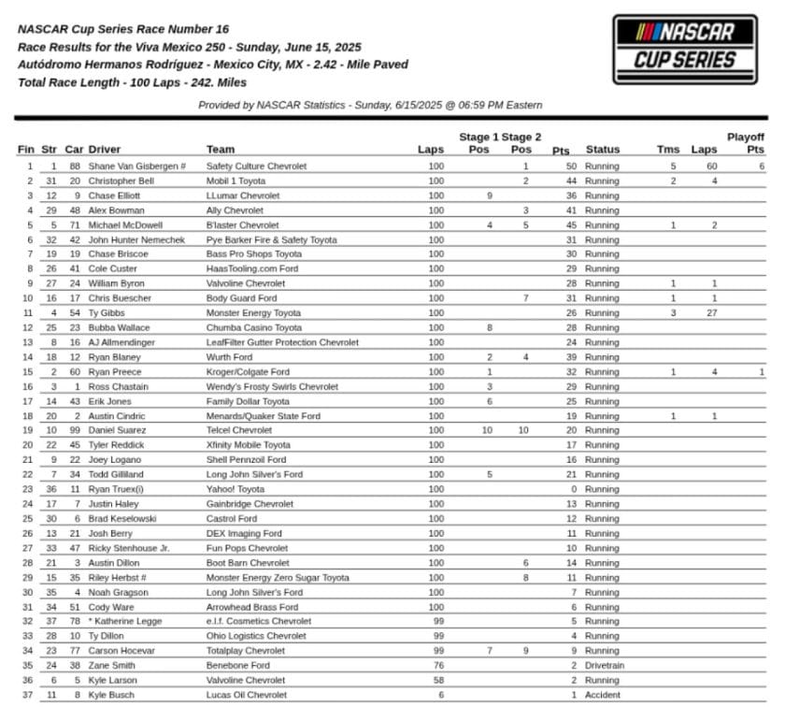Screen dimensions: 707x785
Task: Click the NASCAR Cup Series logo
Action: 685,50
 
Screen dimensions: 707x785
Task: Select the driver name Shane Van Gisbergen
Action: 133,166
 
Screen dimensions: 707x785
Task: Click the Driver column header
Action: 105,150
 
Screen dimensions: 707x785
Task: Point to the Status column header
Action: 603,150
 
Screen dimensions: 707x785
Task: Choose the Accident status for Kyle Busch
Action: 603,695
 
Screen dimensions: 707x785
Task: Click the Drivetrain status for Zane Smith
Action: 605,666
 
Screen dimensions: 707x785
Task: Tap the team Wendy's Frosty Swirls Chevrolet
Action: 272,386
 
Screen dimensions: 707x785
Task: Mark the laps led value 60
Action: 711,166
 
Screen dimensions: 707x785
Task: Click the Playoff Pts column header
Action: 752,143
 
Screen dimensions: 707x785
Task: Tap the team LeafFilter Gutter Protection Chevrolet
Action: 282,342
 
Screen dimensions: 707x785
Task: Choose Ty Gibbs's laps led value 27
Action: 711,313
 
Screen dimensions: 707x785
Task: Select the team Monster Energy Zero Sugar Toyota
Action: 278,577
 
